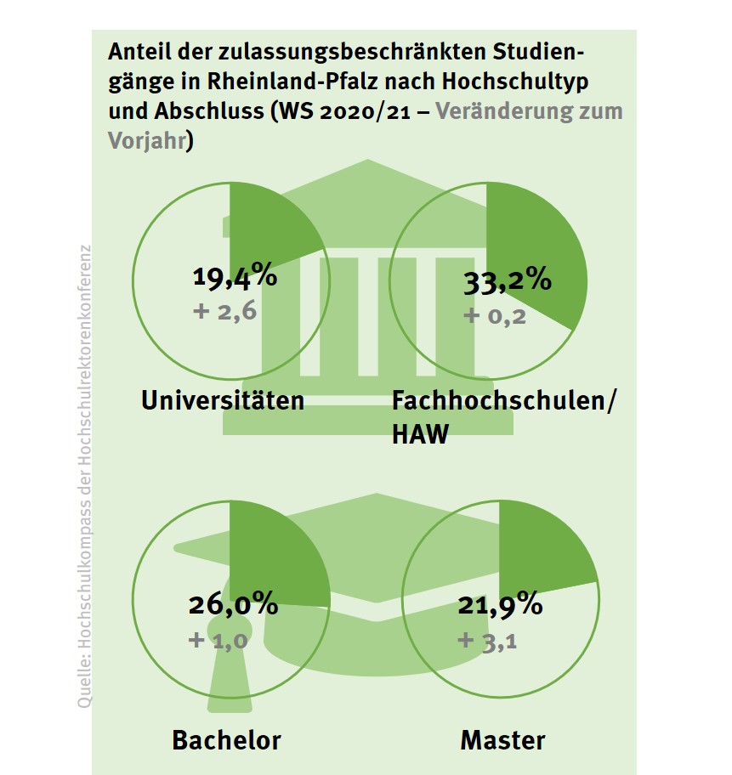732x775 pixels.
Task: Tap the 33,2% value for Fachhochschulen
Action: [508, 280]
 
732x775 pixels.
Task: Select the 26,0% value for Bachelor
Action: [233, 604]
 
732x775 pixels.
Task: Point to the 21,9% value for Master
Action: [500, 604]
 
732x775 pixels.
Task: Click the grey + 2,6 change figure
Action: [225, 311]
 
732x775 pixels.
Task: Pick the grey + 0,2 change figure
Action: [495, 316]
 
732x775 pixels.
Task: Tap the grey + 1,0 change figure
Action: [219, 639]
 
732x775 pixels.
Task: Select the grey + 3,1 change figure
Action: [488, 639]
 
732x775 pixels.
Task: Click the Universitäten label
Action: [223, 400]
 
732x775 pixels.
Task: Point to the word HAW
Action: [418, 435]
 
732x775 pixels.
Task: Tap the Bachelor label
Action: [226, 739]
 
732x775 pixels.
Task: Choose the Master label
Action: [502, 739]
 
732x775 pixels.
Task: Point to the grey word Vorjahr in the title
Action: [146, 140]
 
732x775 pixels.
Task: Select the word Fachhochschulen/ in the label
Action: [503, 400]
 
